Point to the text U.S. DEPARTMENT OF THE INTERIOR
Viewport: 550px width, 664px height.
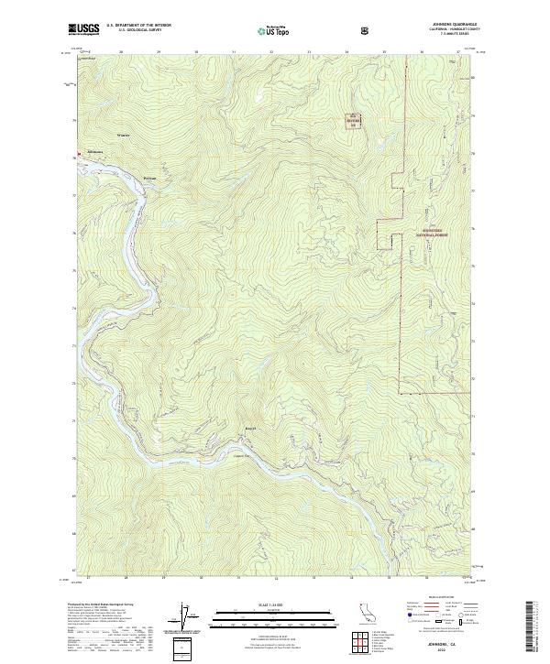coord(137,26)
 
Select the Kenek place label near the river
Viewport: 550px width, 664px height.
coord(244,429)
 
